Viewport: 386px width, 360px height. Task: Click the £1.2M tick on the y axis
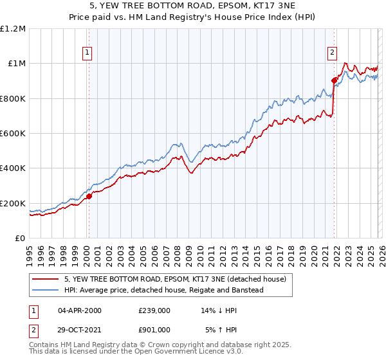click(13, 29)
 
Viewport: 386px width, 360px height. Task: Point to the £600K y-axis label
click(13, 134)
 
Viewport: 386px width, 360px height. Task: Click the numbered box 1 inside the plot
click(87, 53)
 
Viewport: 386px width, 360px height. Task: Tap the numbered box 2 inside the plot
click(332, 53)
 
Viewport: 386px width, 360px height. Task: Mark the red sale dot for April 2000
click(89, 197)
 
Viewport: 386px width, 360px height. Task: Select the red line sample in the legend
click(46, 279)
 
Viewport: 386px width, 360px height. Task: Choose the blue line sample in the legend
click(46, 290)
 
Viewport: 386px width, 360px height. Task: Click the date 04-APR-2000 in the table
click(80, 310)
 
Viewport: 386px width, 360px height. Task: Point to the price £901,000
click(154, 330)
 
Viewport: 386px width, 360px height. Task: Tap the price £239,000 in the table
click(154, 310)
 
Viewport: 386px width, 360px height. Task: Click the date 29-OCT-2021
click(80, 330)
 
